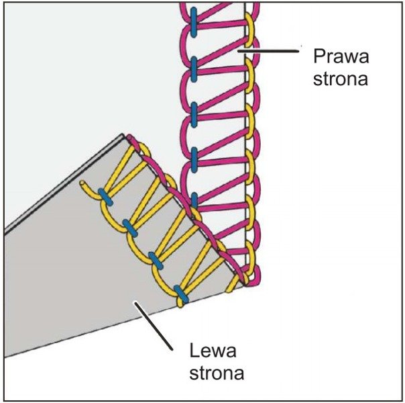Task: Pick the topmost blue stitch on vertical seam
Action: [x=192, y=17]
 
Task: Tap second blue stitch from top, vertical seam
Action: [x=193, y=65]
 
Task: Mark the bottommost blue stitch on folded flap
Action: [x=179, y=292]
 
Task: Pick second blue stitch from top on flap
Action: [x=130, y=228]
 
